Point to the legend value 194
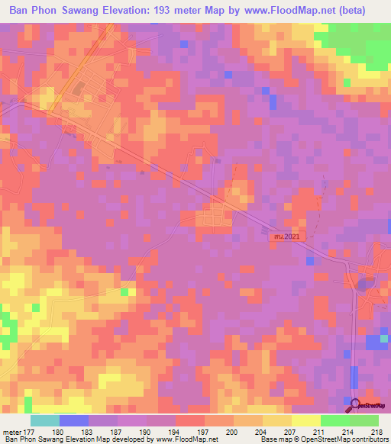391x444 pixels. [x=175, y=432]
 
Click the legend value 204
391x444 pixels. [x=261, y=432]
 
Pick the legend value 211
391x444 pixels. [x=318, y=432]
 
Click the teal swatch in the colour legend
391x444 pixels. [x=44, y=420]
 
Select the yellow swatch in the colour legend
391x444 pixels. [x=305, y=420]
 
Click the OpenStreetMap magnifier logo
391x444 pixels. [x=356, y=405]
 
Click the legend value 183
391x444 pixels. [x=89, y=432]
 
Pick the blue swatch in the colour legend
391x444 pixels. [x=73, y=420]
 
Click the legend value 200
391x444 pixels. [x=233, y=432]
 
